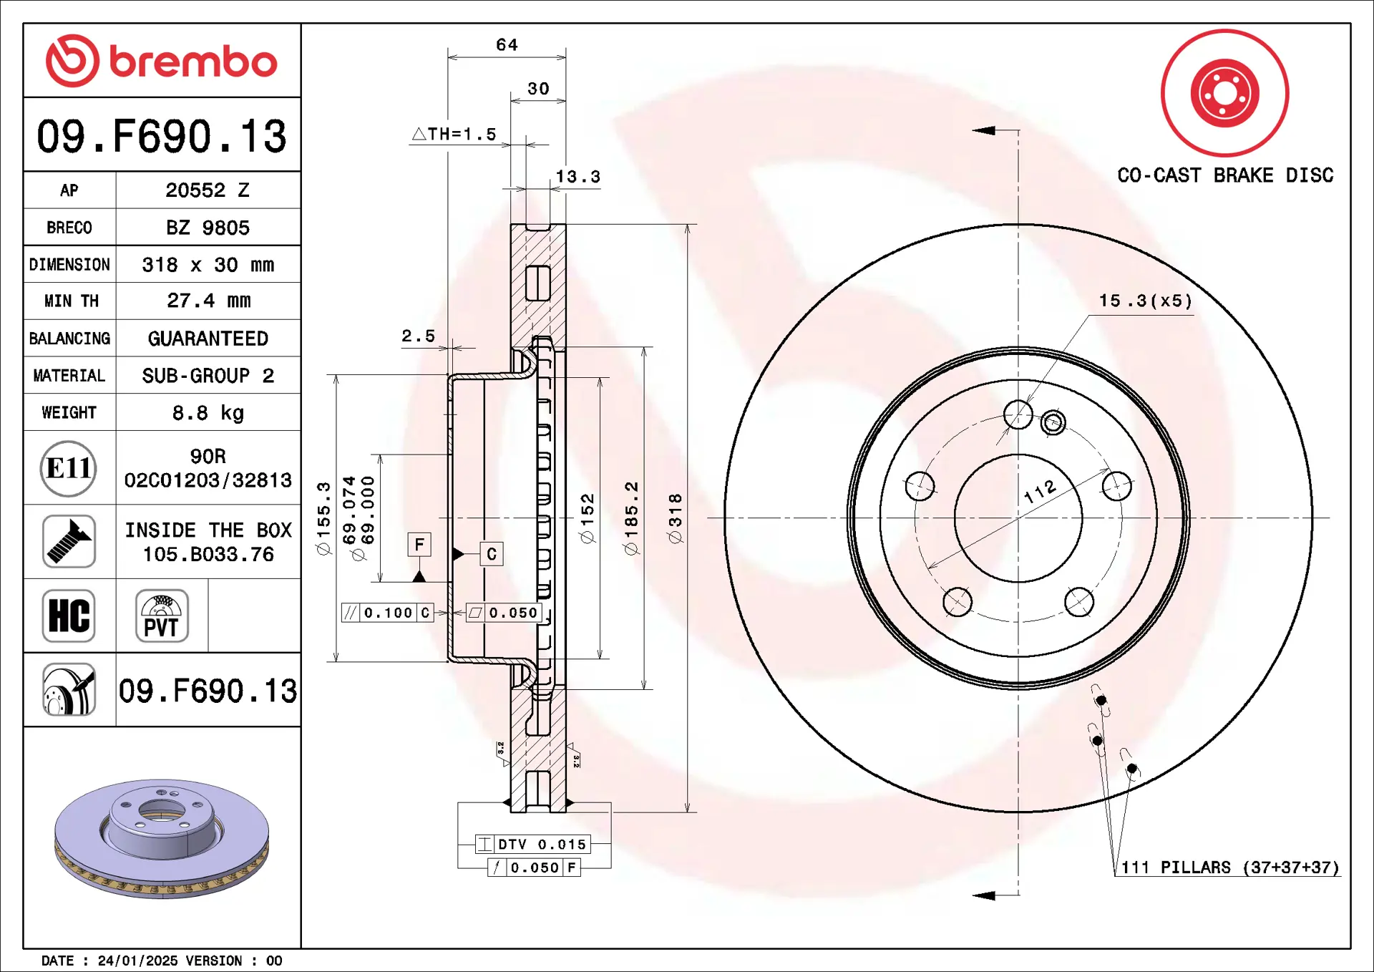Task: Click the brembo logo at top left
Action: [x=162, y=61]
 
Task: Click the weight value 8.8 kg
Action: [x=208, y=413]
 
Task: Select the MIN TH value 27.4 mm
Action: [x=208, y=301]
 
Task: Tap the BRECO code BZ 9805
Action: [x=208, y=228]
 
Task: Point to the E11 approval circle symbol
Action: [x=68, y=468]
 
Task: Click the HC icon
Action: [x=69, y=616]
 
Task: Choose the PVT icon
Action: [x=162, y=616]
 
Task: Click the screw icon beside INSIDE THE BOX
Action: [x=69, y=542]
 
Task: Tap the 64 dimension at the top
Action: [x=507, y=44]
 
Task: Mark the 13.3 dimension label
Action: [x=578, y=176]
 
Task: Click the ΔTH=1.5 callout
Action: [x=454, y=134]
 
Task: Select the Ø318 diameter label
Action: [x=675, y=517]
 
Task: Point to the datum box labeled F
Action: [x=419, y=545]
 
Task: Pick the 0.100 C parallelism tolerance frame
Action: [x=387, y=613]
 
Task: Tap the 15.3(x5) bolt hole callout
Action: [x=1146, y=301]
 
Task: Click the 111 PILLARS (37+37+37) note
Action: [x=1229, y=867]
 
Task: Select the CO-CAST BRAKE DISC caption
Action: [x=1225, y=175]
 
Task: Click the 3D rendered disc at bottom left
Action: [x=162, y=837]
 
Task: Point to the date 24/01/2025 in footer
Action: [x=137, y=961]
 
